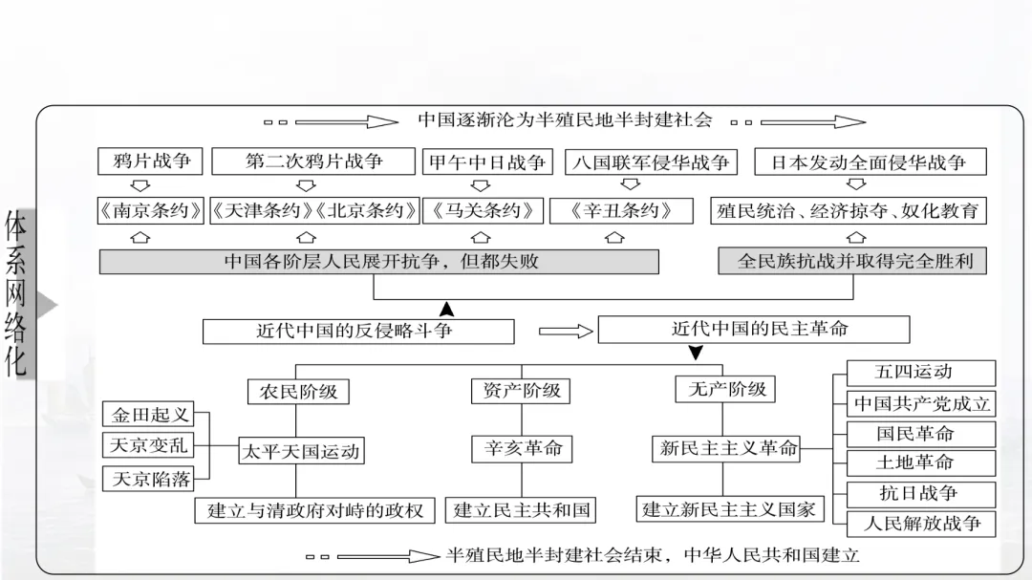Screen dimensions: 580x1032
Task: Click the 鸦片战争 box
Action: click(151, 161)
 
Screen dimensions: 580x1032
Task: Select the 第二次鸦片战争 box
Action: click(313, 161)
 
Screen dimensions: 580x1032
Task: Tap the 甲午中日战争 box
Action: click(487, 162)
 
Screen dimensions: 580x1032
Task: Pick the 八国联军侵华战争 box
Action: click(651, 162)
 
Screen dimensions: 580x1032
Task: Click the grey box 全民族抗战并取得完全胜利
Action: click(852, 260)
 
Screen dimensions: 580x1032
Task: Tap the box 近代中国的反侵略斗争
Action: click(358, 331)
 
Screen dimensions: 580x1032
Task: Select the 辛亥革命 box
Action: click(522, 448)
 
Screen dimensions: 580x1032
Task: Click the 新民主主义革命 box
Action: click(728, 448)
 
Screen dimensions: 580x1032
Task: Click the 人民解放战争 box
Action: click(921, 524)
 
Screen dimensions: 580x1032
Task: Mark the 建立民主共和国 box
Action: click(521, 510)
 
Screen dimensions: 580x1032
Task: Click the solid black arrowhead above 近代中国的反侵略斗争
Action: click(446, 309)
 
